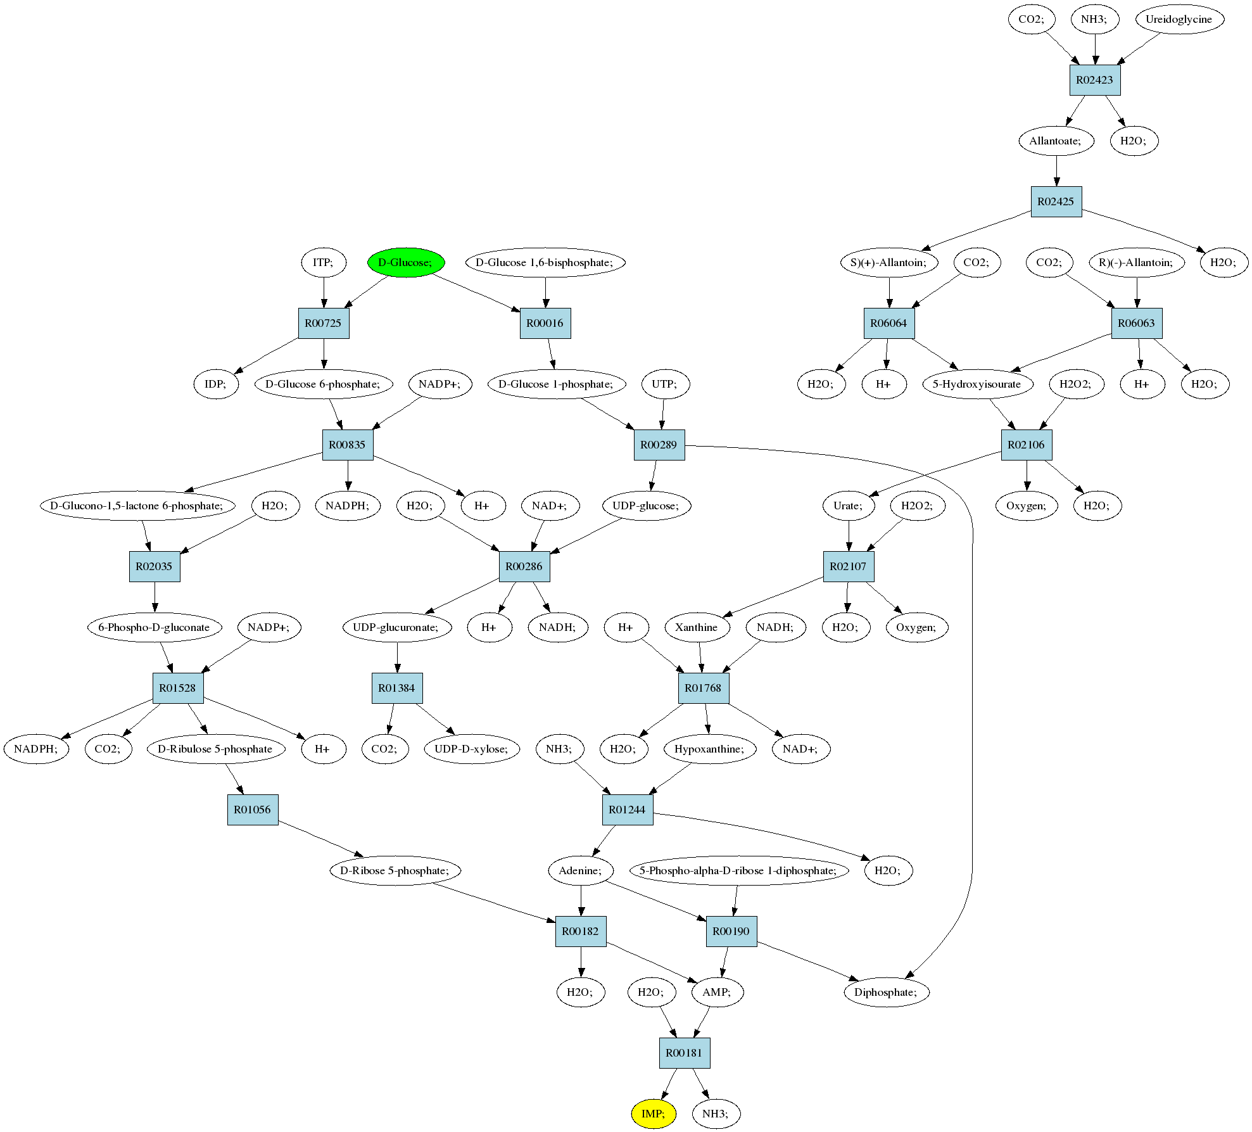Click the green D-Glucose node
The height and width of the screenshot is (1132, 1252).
(x=406, y=262)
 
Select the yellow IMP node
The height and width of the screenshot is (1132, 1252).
(x=654, y=1114)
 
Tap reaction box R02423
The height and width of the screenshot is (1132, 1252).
(x=1095, y=80)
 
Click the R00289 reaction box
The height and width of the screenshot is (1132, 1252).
(x=659, y=445)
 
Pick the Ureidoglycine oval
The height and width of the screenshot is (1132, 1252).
(x=1179, y=19)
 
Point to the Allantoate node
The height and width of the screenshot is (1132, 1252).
(x=1056, y=141)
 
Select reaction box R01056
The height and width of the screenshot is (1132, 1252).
(x=253, y=810)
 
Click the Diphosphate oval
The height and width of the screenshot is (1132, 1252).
(x=887, y=992)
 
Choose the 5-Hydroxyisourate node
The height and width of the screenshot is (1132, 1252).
(x=978, y=384)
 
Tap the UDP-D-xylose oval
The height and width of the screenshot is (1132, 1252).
(x=472, y=749)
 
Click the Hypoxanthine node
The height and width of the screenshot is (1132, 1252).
(x=710, y=749)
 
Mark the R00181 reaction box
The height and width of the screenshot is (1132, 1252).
(x=685, y=1053)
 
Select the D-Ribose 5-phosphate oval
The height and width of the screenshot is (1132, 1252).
(x=395, y=870)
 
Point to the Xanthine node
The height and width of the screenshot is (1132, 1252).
(x=697, y=627)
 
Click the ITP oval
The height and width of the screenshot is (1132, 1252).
(x=324, y=262)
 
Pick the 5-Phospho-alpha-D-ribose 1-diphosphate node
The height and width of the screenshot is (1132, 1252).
(x=739, y=870)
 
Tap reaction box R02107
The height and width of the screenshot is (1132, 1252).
(x=849, y=566)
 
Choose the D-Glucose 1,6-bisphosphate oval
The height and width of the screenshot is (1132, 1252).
(x=545, y=262)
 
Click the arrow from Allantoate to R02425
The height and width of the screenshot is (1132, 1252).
(x=1056, y=171)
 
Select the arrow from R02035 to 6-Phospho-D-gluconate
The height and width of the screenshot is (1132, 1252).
(x=155, y=597)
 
